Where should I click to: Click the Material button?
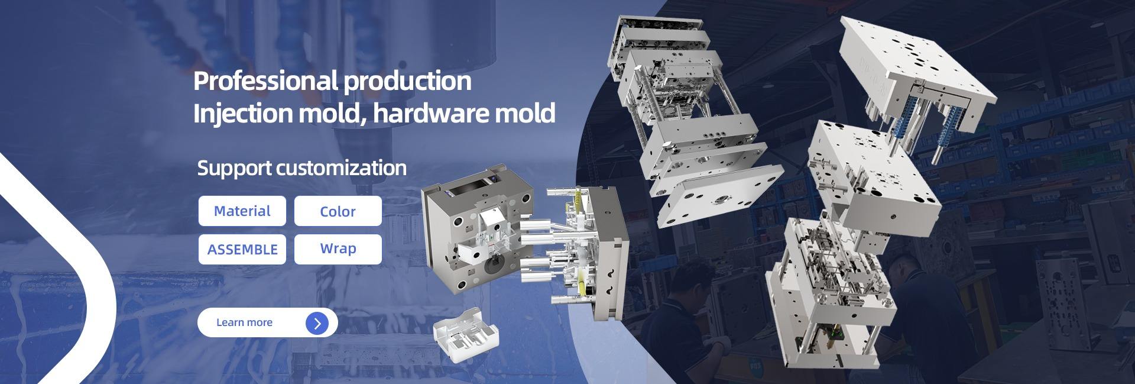242,211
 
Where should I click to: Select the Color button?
338,211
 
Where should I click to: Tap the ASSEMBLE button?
242,249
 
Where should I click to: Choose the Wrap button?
338,249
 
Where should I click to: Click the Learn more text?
244,322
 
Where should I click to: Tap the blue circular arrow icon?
317,323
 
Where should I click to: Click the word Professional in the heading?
265,80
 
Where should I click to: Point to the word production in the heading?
407,81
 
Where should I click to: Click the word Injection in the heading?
243,113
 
